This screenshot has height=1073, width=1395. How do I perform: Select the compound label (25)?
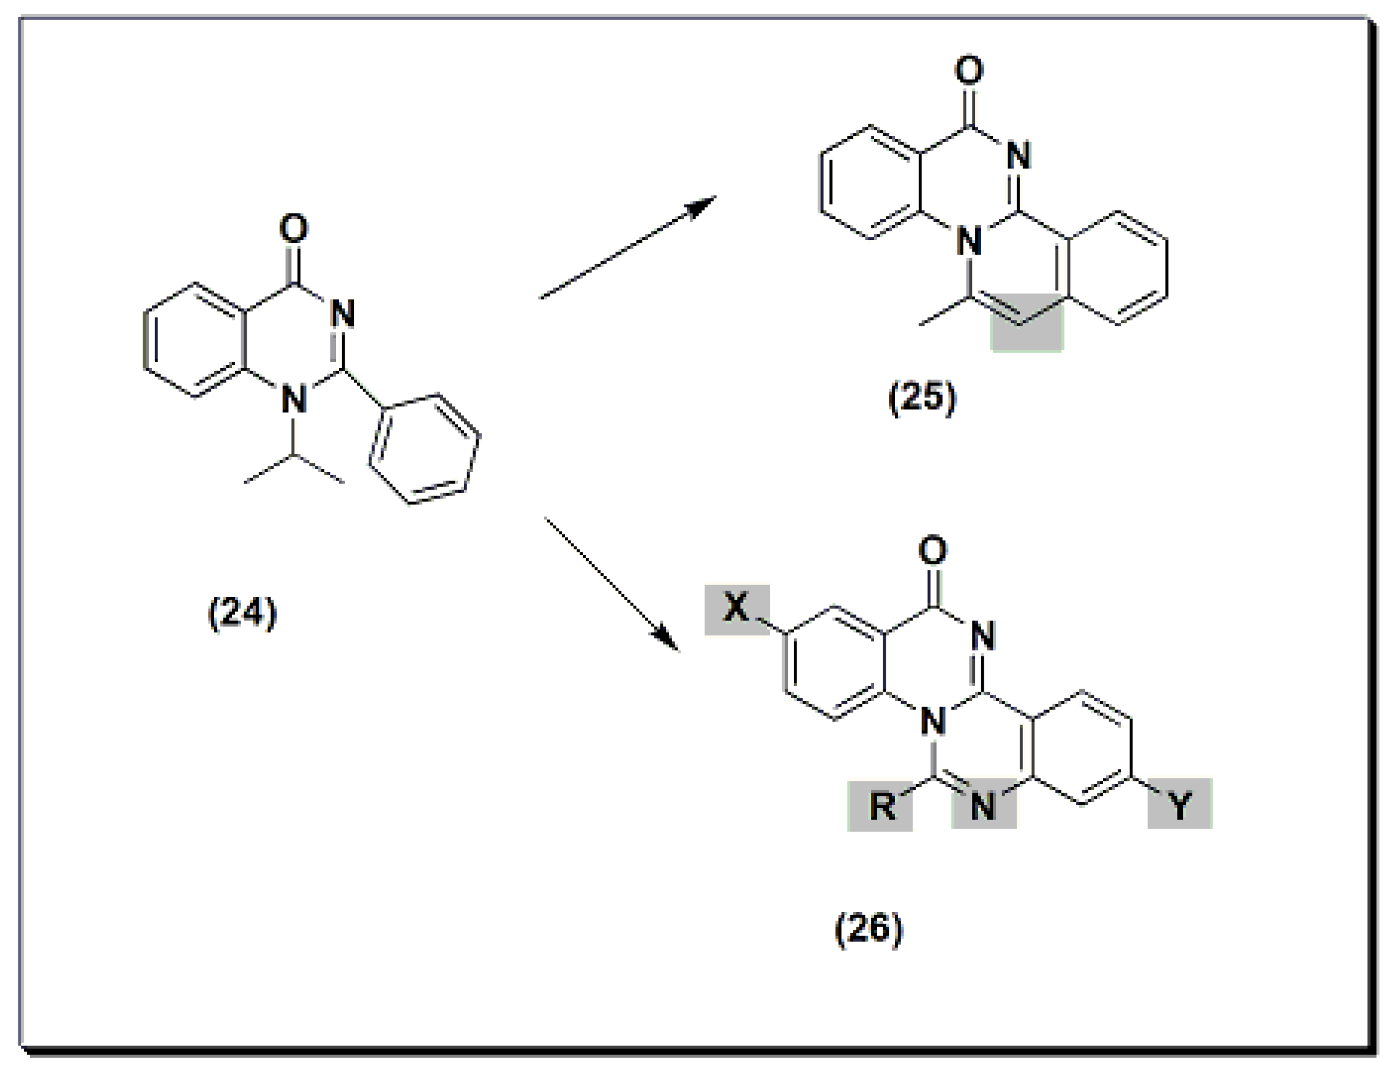pyautogui.click(x=922, y=398)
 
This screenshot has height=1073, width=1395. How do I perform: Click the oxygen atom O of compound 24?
pyautogui.click(x=294, y=229)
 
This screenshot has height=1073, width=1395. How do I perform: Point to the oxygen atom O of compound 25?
pyautogui.click(x=969, y=70)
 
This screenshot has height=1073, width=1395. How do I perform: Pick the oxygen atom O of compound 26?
pyautogui.click(x=933, y=550)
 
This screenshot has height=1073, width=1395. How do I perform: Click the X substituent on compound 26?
pyautogui.click(x=736, y=608)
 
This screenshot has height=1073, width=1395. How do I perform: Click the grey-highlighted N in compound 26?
pyautogui.click(x=983, y=806)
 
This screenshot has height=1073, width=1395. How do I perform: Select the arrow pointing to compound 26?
pyautogui.click(x=612, y=585)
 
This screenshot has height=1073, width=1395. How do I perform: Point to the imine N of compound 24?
pyautogui.click(x=343, y=314)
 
